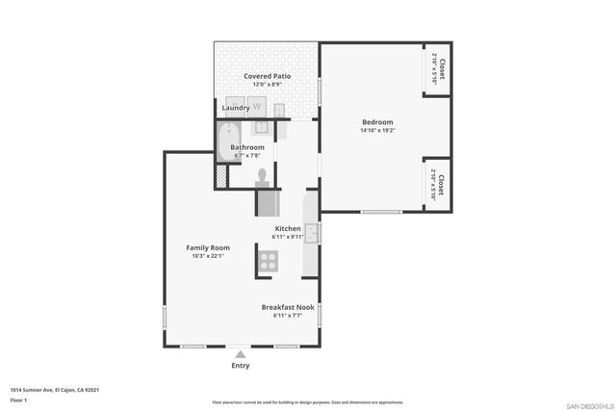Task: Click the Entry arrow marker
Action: [240, 354]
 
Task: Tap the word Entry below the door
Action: [241, 366]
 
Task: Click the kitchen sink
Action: [311, 230]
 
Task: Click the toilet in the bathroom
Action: [262, 176]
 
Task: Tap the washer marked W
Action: [257, 107]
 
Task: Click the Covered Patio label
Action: [267, 76]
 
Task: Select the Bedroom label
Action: [377, 122]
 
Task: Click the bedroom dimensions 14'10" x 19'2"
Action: [377, 131]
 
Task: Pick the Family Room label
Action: [207, 247]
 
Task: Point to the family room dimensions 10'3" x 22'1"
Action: [207, 256]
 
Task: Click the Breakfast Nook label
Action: [288, 307]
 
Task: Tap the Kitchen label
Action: [288, 228]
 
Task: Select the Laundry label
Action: [236, 109]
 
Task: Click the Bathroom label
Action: [246, 147]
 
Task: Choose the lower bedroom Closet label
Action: [438, 184]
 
